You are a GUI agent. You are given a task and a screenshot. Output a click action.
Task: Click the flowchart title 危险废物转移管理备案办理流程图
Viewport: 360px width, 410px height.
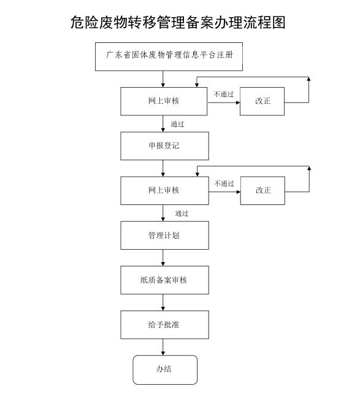[178, 23]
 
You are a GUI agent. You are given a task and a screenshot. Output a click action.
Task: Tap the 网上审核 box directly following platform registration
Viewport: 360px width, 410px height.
[164, 101]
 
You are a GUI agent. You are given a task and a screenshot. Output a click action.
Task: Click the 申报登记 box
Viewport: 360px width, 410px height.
[164, 146]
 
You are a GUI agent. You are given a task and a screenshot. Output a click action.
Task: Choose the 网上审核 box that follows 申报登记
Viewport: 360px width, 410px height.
[164, 190]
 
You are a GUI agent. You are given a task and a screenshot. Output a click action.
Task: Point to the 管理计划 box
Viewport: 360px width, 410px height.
[164, 235]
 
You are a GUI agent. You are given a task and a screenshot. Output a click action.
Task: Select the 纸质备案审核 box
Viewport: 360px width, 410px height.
[164, 280]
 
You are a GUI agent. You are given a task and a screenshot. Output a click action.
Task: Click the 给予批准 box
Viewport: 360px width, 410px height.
[164, 325]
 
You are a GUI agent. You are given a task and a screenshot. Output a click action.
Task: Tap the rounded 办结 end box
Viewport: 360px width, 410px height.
[165, 369]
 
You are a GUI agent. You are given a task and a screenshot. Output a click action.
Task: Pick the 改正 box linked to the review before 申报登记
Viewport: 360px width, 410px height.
[262, 101]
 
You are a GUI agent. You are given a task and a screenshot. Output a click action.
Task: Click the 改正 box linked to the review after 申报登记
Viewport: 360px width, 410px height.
[263, 190]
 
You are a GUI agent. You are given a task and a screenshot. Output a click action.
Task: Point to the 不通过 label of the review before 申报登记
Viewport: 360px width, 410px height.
[223, 94]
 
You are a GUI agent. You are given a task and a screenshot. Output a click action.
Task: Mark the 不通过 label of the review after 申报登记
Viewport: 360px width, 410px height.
[224, 183]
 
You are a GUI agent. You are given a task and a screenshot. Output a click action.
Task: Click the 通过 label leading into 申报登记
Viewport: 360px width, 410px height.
[178, 124]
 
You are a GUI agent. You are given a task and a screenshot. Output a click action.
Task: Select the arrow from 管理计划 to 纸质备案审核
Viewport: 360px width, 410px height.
[164, 258]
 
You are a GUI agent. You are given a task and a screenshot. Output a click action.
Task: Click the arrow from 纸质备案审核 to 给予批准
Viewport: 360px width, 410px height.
[164, 303]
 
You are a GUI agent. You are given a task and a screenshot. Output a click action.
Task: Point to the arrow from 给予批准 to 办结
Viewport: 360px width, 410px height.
[164, 347]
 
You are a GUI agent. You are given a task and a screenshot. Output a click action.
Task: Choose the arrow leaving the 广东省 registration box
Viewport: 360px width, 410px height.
[164, 79]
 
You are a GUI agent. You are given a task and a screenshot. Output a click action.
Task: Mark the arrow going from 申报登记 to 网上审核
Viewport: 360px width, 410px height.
[164, 168]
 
